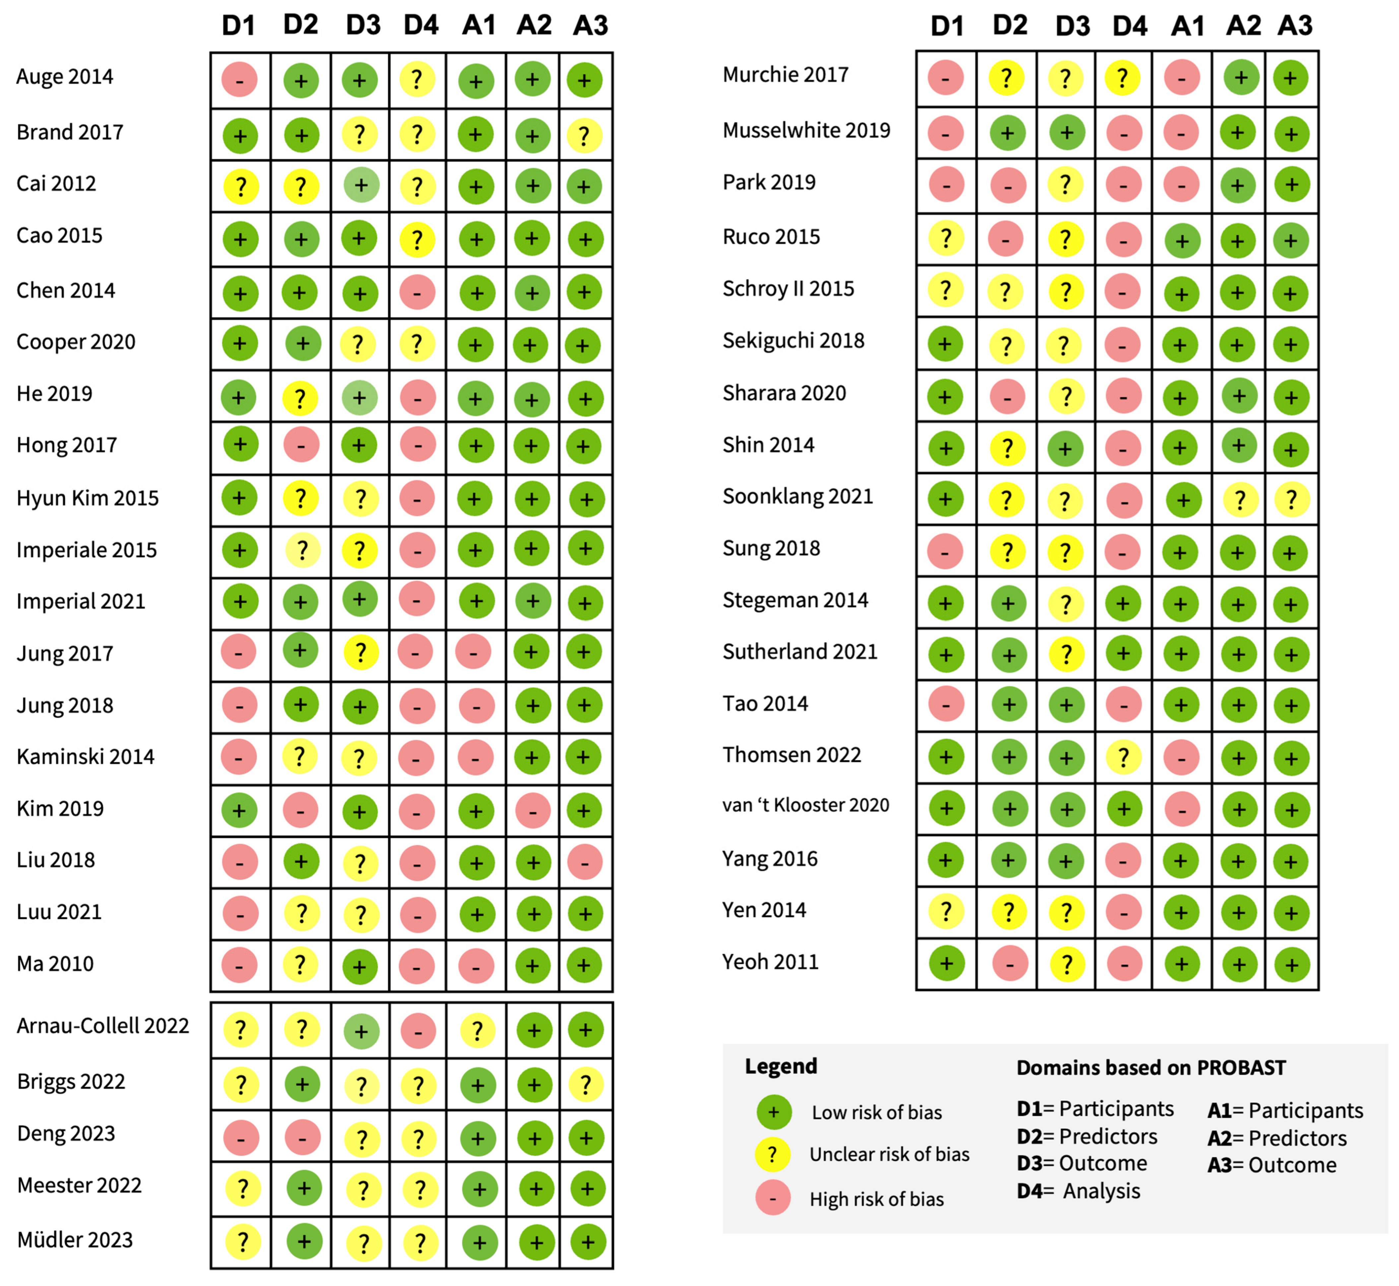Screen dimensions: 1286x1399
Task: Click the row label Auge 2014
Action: (x=65, y=77)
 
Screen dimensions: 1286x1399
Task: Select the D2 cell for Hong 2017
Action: (x=301, y=445)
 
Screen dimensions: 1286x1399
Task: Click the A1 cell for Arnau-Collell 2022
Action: (x=477, y=1031)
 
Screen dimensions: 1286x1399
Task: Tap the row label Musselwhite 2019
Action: (x=806, y=130)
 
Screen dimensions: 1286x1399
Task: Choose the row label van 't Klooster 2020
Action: (x=805, y=805)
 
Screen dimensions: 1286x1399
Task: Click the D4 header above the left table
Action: (x=421, y=26)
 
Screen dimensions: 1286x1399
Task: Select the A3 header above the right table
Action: (x=1295, y=26)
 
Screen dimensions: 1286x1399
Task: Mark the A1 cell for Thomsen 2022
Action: (x=1181, y=757)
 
